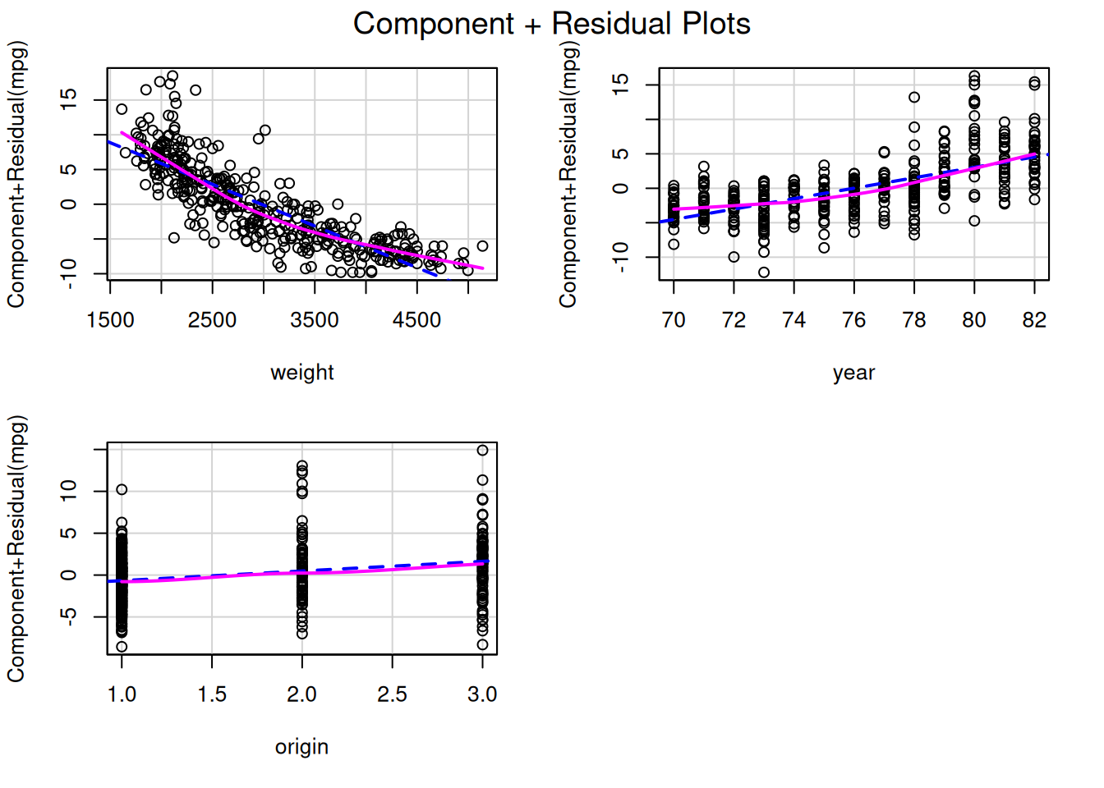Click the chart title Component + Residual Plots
(x=551, y=24)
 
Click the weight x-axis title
(x=302, y=373)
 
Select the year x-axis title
(x=853, y=373)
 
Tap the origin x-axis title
(x=301, y=747)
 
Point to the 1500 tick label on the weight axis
(x=110, y=320)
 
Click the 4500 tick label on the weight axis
(x=416, y=320)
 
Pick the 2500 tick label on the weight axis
(x=212, y=320)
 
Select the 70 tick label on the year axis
(x=674, y=320)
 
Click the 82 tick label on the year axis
(x=1034, y=320)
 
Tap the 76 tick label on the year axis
(x=853, y=320)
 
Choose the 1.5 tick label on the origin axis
(x=212, y=694)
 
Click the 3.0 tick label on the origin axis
(x=482, y=694)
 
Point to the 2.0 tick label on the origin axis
(x=301, y=694)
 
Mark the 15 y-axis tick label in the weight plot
(x=69, y=99)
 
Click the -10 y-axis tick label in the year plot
(x=621, y=257)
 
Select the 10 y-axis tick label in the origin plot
(x=69, y=491)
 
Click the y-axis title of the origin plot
(x=16, y=548)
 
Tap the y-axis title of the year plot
(x=568, y=174)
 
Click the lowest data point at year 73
(x=764, y=273)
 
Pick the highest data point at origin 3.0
(x=482, y=450)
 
